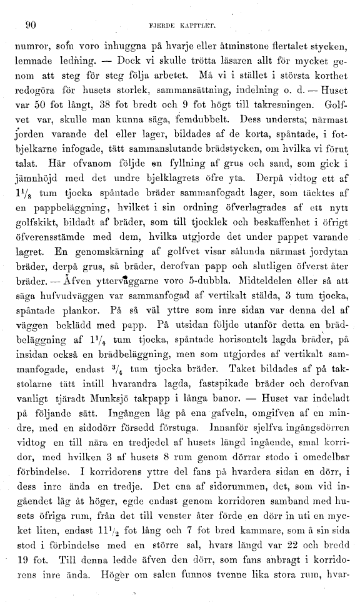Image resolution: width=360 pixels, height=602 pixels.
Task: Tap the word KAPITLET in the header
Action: pos(197,26)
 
